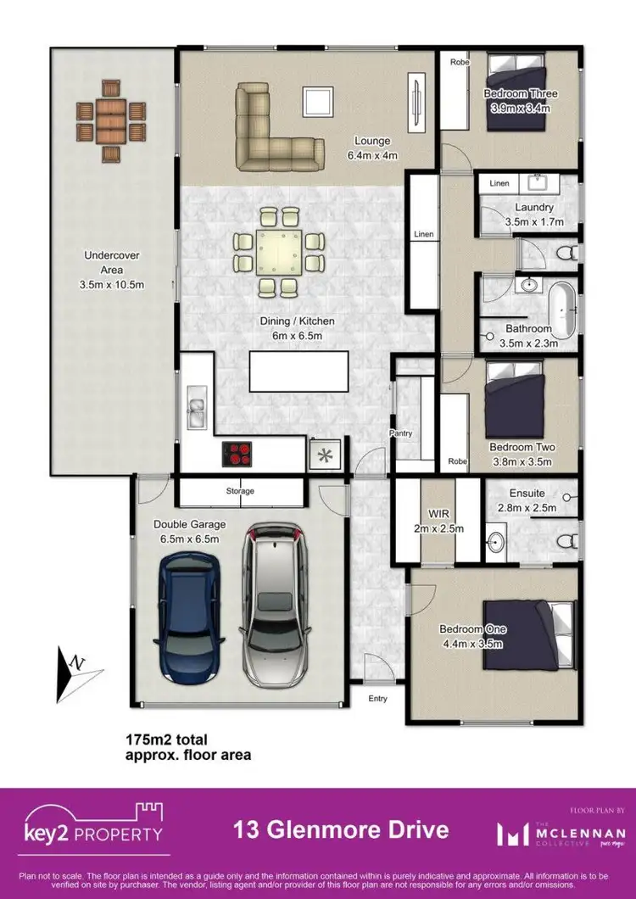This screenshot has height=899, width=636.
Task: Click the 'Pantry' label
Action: tap(400, 433)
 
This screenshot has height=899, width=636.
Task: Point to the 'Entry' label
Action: tap(377, 699)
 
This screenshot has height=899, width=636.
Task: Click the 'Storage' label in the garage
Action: tap(240, 491)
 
